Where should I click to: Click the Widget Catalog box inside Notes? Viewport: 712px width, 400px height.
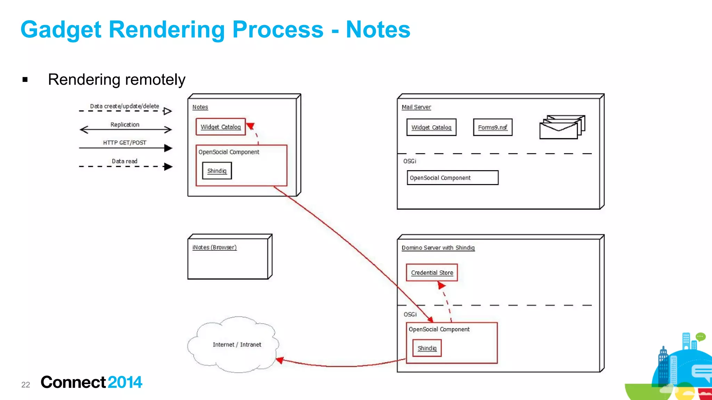coord(220,127)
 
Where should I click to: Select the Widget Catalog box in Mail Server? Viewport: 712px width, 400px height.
coord(431,127)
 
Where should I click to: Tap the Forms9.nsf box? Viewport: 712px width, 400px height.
coord(492,127)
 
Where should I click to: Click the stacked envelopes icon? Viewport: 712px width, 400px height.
coord(561,127)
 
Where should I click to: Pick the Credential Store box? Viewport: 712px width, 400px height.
coord(432,273)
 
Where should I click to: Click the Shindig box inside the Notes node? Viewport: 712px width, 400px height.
coord(217,171)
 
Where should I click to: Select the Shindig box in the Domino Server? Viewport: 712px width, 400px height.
coord(427,348)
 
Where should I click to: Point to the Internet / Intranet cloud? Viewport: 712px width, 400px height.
coord(236,344)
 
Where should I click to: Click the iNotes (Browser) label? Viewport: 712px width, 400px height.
coord(215,247)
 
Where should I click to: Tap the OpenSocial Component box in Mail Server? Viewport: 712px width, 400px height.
coord(452,178)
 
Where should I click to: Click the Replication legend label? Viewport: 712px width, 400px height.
coord(125,125)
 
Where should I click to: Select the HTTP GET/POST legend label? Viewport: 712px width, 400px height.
coord(124,143)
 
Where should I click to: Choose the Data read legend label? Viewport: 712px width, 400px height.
coord(124,161)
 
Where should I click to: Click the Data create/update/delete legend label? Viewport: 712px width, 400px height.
coord(124,106)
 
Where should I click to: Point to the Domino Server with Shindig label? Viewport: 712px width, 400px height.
coord(438,248)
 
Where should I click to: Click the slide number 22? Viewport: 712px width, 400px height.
coord(26,385)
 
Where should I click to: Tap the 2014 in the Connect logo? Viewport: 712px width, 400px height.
coord(125,382)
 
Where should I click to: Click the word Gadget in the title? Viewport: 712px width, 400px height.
coord(61,30)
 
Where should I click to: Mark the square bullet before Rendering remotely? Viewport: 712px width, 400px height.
coord(25,80)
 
